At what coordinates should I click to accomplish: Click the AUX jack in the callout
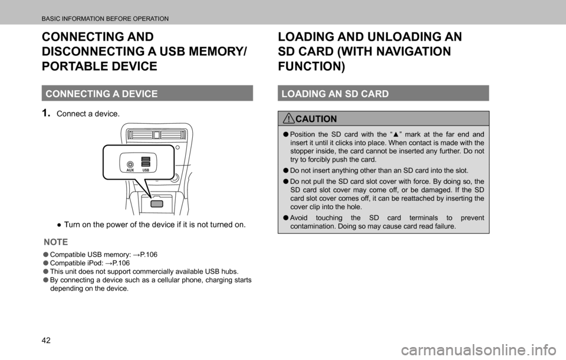coord(130,164)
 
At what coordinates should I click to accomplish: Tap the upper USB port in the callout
coord(146,159)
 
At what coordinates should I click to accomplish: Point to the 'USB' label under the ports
coord(146,170)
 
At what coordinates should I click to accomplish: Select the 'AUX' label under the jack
coord(130,170)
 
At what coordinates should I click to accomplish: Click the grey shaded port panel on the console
coord(157,204)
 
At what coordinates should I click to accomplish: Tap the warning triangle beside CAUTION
coord(289,118)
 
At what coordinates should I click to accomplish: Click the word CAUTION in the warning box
coord(316,118)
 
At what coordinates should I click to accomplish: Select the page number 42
coord(46,340)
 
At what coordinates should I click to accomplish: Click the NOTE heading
coord(56,242)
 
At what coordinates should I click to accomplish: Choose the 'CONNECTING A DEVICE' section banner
coord(147,94)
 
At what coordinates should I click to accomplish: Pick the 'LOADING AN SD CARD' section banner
coord(383,94)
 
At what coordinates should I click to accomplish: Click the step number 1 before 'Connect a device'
coord(46,113)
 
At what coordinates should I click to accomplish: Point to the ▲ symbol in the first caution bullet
coord(396,134)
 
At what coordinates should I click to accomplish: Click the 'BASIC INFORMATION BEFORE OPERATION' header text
coord(105,19)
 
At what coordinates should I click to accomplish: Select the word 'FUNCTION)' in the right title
coord(311,67)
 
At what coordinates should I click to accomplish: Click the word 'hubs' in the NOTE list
coord(229,271)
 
